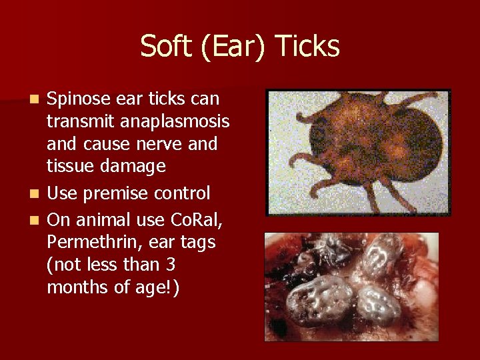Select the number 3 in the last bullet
[171, 265]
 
